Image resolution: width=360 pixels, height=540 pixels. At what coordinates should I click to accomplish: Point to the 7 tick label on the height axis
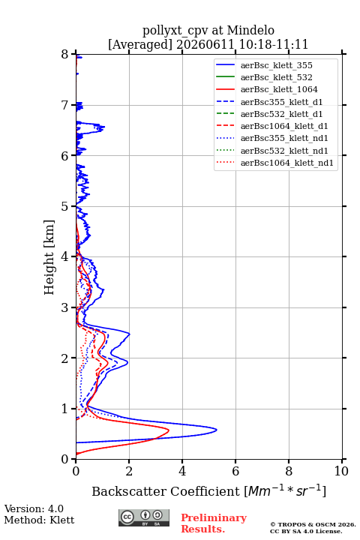[64, 105]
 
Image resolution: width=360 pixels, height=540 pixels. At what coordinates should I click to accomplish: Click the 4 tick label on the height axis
[64, 257]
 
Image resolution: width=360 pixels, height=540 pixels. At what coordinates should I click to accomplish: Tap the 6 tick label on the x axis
[235, 471]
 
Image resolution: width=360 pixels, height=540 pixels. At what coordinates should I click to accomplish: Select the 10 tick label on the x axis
[341, 471]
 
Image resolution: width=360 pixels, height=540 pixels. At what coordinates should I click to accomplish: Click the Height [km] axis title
[49, 257]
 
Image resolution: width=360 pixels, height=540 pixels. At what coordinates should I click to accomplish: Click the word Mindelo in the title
[250, 30]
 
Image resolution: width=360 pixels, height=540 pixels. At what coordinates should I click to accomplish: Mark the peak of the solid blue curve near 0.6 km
[217, 430]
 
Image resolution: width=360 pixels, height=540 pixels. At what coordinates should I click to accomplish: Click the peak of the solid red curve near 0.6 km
[169, 430]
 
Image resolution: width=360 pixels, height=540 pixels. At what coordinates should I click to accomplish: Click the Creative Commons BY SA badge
[144, 518]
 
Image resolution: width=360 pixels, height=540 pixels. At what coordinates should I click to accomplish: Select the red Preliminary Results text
[214, 523]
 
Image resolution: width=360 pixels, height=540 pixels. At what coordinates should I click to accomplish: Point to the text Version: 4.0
[34, 509]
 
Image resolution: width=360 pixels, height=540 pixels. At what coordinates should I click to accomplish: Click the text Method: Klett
[39, 520]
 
